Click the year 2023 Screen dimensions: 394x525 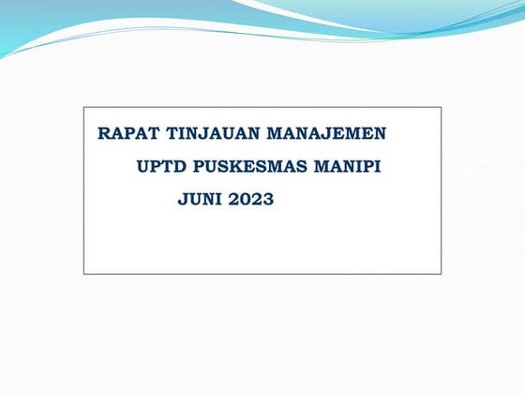coord(250,199)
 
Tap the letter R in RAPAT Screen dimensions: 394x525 coord(103,133)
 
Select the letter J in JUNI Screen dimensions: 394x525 coord(182,200)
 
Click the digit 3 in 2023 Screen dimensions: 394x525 coord(268,199)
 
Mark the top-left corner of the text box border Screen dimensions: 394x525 coord(83,107)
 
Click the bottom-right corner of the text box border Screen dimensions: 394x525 coord(442,274)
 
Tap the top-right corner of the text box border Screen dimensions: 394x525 coord(442,107)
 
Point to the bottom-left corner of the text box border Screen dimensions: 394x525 coord(83,274)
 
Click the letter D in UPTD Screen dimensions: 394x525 coord(175,166)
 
